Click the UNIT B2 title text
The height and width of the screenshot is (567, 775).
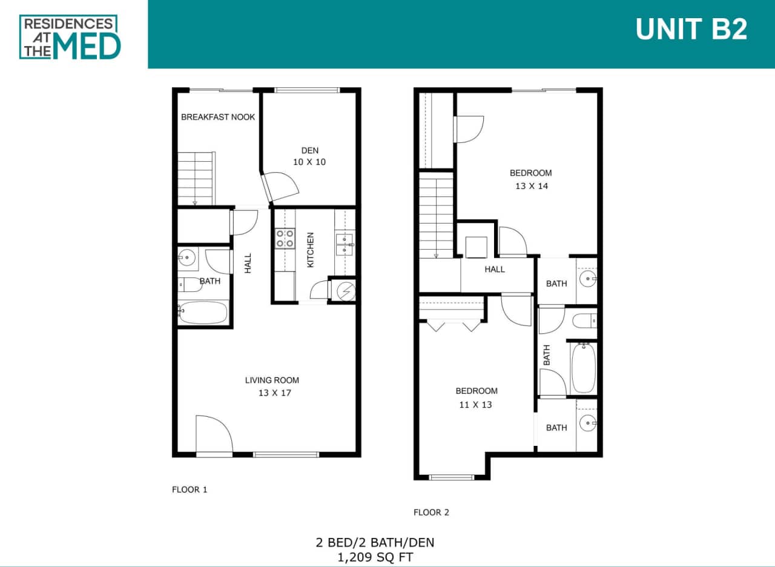tap(691, 29)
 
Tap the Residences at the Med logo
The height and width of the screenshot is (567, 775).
tap(70, 37)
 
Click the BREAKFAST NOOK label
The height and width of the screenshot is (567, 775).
tap(218, 117)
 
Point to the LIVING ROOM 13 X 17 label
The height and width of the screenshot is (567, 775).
tap(272, 386)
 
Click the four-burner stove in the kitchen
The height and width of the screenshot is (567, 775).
tap(285, 238)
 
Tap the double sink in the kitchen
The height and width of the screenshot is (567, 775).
tap(345, 244)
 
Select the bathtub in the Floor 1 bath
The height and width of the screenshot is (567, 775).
tap(203, 313)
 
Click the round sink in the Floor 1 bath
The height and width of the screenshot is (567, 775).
tap(188, 257)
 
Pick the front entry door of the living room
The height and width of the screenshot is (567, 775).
tap(214, 435)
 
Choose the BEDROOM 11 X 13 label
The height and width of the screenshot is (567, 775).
tap(477, 397)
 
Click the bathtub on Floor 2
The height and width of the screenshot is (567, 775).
tap(584, 368)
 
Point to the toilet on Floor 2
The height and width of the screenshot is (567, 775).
tap(584, 320)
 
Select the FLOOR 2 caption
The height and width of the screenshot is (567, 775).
tap(431, 512)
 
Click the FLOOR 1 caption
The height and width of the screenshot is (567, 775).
tap(190, 489)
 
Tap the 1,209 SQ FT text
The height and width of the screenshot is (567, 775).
tap(375, 557)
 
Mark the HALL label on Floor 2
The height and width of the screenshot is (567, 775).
tap(495, 270)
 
